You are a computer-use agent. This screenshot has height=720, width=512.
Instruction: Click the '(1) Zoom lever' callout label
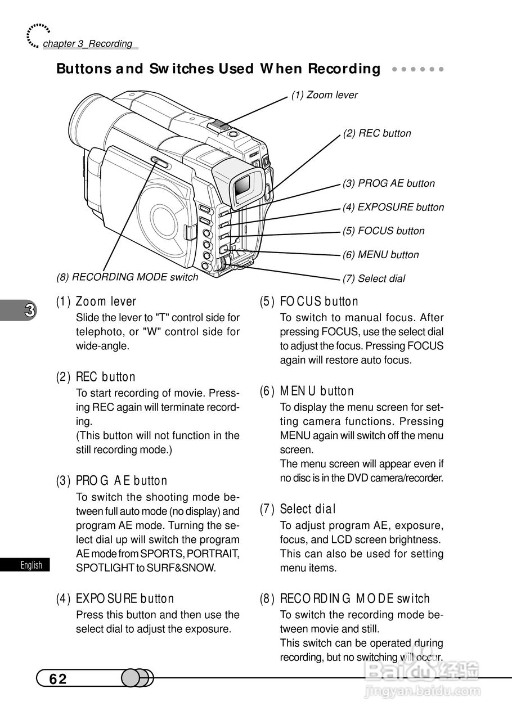click(324, 95)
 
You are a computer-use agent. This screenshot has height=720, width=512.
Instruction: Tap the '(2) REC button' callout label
click(377, 133)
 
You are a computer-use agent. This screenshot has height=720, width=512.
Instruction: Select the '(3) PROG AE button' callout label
click(388, 183)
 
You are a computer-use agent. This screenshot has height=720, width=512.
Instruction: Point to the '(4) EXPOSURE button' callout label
click(393, 207)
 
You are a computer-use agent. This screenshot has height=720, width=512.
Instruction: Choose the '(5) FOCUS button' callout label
click(383, 231)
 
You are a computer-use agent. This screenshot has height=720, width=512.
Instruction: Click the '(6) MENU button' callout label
click(380, 255)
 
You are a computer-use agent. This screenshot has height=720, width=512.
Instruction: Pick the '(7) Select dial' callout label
click(374, 278)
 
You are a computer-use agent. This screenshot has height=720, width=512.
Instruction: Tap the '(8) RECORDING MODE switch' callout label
click(127, 277)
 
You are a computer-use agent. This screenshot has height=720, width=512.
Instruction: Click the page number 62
click(58, 679)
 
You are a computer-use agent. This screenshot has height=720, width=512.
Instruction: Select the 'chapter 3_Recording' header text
click(87, 44)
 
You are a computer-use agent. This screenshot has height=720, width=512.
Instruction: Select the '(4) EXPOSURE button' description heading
click(115, 598)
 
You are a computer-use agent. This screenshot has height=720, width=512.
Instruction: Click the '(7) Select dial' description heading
click(298, 509)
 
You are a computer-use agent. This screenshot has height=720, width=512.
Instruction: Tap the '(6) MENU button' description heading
click(307, 391)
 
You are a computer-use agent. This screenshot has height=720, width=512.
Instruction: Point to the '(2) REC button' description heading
click(96, 377)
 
